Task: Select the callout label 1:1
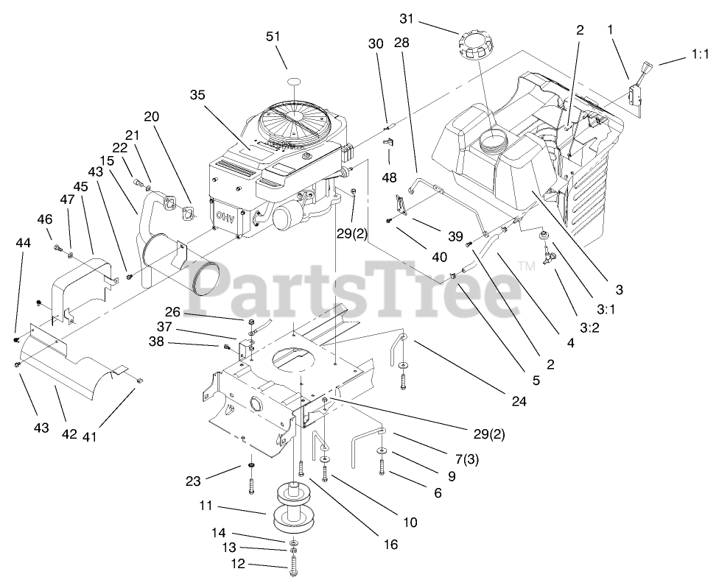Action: point(698,54)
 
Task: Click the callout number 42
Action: point(69,434)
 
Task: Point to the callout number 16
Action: point(390,545)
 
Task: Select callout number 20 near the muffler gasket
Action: point(152,117)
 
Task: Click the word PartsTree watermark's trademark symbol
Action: point(525,266)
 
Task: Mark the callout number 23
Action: point(194,482)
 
